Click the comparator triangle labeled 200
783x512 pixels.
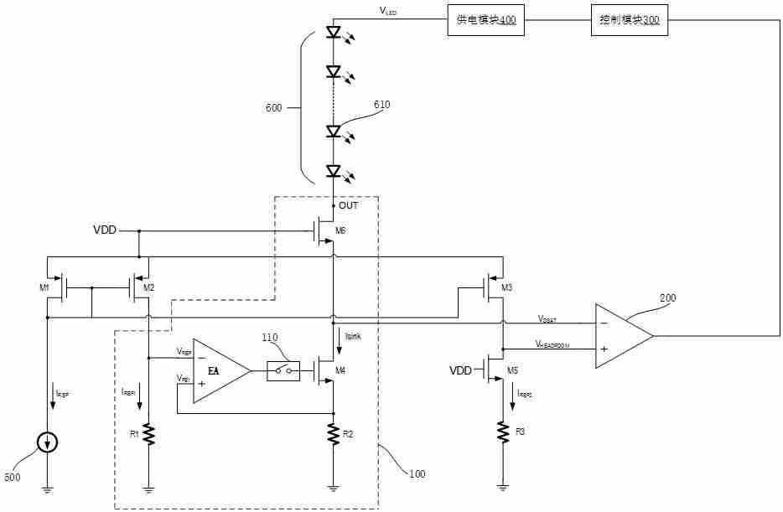(x=623, y=335)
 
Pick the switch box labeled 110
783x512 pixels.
(x=283, y=369)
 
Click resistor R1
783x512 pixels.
(x=149, y=434)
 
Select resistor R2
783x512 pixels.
(x=334, y=434)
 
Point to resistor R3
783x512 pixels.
(x=503, y=431)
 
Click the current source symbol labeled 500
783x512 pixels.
(x=48, y=442)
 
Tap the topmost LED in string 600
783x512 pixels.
(x=334, y=34)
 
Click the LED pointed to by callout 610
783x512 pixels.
(x=334, y=132)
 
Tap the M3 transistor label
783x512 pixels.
(x=506, y=288)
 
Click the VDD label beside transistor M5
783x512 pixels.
(x=461, y=370)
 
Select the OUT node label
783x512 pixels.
(x=348, y=205)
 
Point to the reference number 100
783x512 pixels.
(x=417, y=474)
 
